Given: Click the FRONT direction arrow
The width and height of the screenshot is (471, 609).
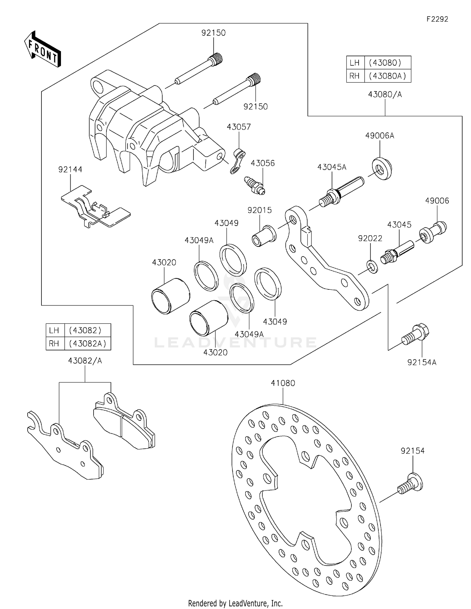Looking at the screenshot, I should [x=43, y=49].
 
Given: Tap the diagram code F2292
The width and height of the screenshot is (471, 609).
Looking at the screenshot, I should [x=437, y=19].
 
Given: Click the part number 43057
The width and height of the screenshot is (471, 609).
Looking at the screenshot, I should [x=239, y=127].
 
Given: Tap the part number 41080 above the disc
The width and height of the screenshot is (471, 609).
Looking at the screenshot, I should [x=283, y=383].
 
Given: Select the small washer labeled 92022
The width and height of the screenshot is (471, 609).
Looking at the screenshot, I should [x=372, y=266].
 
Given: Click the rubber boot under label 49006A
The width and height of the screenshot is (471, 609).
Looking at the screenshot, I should [x=382, y=169].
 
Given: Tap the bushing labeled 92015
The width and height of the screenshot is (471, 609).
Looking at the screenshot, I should [x=264, y=236].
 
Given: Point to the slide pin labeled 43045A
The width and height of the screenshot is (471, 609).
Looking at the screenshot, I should [x=341, y=191].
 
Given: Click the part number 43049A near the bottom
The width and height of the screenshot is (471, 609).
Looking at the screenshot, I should [x=249, y=334].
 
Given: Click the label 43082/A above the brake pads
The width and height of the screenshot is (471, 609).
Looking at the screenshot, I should [x=85, y=361].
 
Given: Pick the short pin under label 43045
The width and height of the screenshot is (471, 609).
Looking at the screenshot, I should [x=397, y=251].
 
